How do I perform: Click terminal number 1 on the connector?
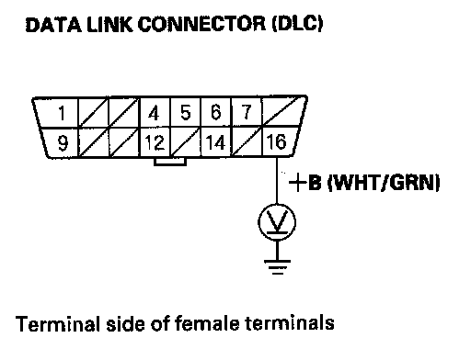pyautogui.click(x=62, y=113)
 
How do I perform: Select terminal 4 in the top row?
pyautogui.click(x=154, y=113)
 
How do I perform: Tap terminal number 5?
pyautogui.click(x=185, y=112)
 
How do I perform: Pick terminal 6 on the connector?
pyautogui.click(x=216, y=112)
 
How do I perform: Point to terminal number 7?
pyautogui.click(x=247, y=112)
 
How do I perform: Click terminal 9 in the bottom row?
pyautogui.click(x=63, y=143)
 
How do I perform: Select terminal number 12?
pyautogui.click(x=155, y=142)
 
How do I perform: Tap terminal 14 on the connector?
pyautogui.click(x=216, y=142)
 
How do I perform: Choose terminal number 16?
pyautogui.click(x=277, y=141)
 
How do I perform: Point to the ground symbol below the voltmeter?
pyautogui.click(x=277, y=266)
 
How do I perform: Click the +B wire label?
pyautogui.click(x=305, y=183)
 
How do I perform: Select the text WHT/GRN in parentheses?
pyautogui.click(x=384, y=183)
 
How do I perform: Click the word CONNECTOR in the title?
pyautogui.click(x=201, y=24)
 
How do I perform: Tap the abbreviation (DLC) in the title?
pyautogui.click(x=297, y=24)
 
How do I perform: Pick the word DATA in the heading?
pyautogui.click(x=53, y=25)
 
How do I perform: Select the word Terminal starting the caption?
pyautogui.click(x=58, y=324)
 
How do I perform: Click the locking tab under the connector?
pyautogui.click(x=170, y=162)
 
